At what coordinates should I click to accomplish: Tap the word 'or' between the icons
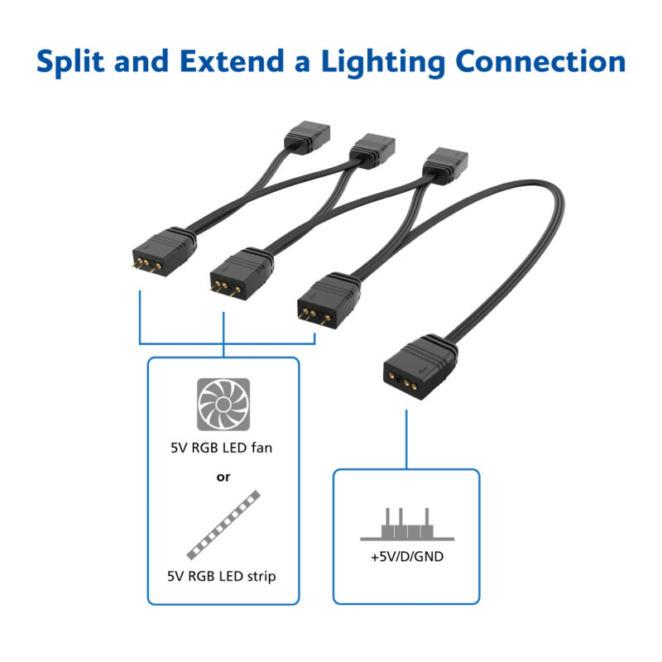(223, 477)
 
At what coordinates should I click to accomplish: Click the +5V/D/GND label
(406, 557)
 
